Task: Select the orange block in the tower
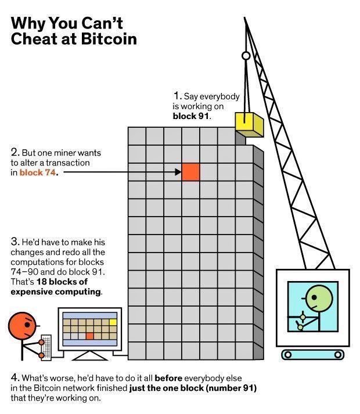point(191,172)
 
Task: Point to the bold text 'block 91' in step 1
point(191,116)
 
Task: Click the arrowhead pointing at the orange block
point(178,172)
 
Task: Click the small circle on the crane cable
point(246,56)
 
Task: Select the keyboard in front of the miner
point(46,347)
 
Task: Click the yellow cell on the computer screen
point(113,321)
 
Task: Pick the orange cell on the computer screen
point(89,336)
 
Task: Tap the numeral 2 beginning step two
point(14,153)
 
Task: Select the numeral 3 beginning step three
point(14,240)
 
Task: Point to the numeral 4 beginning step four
point(14,377)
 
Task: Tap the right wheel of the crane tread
point(337,354)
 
